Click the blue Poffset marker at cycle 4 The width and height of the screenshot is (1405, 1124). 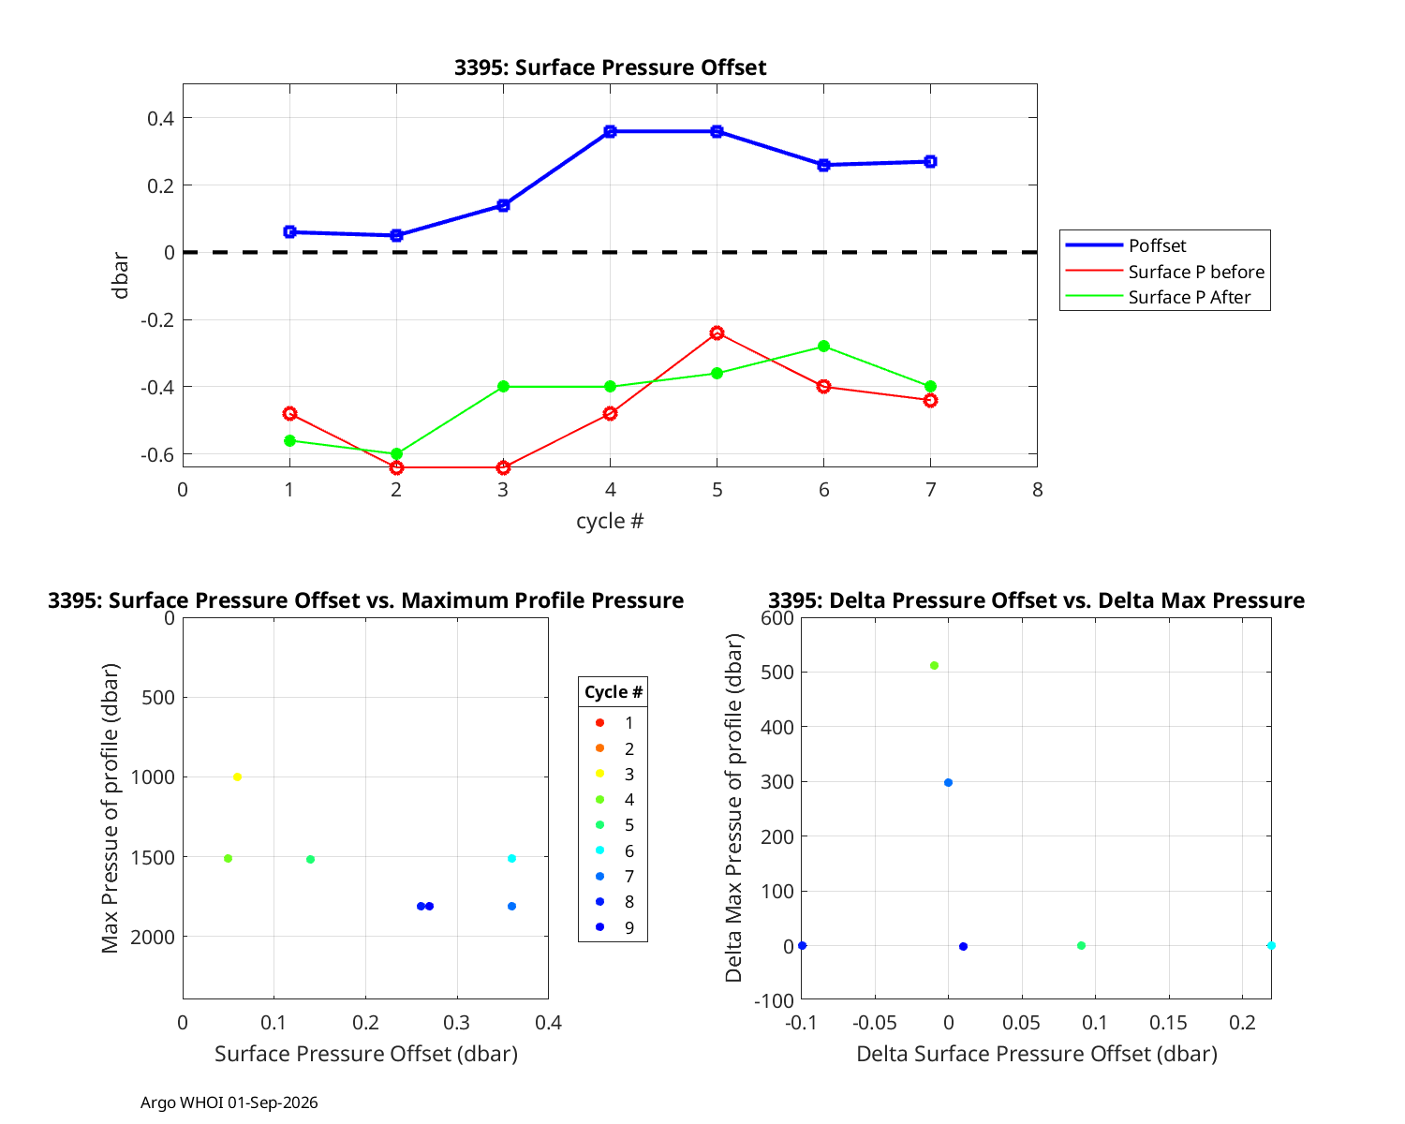[610, 131]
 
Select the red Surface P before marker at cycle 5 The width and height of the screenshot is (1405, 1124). [717, 333]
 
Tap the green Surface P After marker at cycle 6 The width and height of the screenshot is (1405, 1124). [824, 347]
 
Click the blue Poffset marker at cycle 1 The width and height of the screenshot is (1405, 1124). [289, 232]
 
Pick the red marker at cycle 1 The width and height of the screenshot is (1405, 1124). [289, 413]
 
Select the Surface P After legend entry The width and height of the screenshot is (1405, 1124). [1158, 297]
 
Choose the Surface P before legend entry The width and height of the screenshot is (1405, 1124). [1164, 272]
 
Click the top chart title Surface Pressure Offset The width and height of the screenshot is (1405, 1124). [610, 67]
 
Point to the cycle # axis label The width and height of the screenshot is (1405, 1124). [610, 521]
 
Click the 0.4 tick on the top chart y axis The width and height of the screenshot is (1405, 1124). [160, 118]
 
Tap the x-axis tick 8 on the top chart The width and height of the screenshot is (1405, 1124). [1038, 490]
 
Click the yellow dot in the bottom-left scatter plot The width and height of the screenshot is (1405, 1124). [238, 776]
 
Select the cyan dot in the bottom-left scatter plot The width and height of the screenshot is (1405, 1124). [511, 858]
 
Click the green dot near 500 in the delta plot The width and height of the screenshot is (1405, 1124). [934, 666]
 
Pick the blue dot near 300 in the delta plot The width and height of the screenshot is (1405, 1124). [948, 782]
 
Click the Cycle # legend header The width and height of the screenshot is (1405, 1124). [614, 691]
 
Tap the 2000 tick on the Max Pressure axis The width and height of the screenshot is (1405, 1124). [153, 937]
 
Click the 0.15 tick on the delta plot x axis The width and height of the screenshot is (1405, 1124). [1168, 1022]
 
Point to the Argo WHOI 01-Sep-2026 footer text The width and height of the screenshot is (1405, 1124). [229, 1102]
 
